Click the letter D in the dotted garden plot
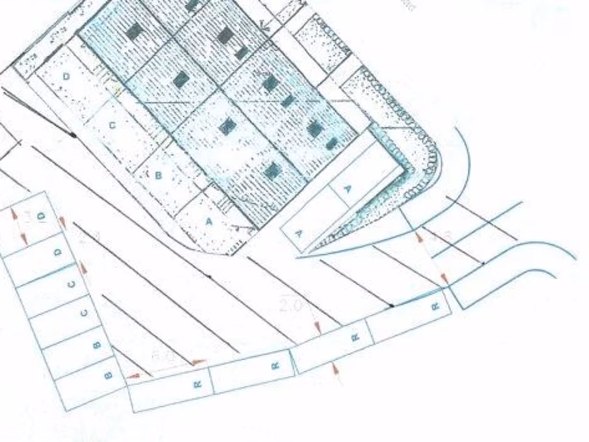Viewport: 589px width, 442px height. pyautogui.click(x=66, y=77)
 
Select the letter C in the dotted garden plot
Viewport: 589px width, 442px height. pyautogui.click(x=112, y=124)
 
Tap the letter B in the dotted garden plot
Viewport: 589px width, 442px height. pyautogui.click(x=159, y=175)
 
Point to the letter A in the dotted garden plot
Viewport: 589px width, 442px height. pyautogui.click(x=209, y=220)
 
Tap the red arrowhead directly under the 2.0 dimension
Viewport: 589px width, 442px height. pyautogui.click(x=318, y=329)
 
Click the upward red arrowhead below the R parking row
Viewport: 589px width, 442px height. pyautogui.click(x=335, y=367)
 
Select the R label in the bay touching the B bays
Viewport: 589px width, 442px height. pyautogui.click(x=197, y=383)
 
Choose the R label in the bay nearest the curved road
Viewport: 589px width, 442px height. pyautogui.click(x=435, y=306)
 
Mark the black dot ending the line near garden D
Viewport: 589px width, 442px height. pyautogui.click(x=74, y=135)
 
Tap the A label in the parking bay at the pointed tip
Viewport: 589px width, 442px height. pyautogui.click(x=299, y=233)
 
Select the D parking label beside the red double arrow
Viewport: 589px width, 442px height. pyautogui.click(x=41, y=216)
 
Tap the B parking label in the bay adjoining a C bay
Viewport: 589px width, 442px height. pyautogui.click(x=96, y=345)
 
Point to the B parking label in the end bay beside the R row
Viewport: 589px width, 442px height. pyautogui.click(x=108, y=375)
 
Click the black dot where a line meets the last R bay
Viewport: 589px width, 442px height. pyautogui.click(x=392, y=306)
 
